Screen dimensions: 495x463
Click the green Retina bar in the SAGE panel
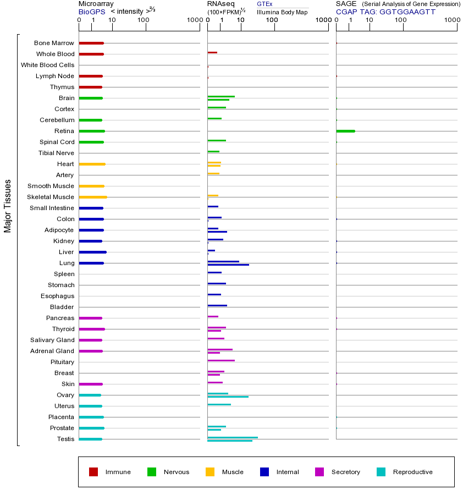coord(345,131)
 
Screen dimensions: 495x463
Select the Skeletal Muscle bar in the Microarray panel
coord(93,197)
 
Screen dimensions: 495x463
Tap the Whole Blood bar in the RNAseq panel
coord(212,52)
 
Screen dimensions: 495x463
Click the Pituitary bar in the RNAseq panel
coord(221,360)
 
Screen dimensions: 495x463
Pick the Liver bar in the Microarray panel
coord(92,252)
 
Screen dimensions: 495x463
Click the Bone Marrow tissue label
coord(54,43)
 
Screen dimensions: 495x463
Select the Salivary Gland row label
coord(52,340)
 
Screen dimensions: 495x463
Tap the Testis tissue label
coord(65,439)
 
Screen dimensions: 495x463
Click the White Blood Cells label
coord(47,65)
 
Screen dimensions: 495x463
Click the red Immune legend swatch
coord(93,472)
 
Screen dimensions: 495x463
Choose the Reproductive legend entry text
coord(412,472)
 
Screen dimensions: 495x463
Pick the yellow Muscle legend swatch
coord(210,472)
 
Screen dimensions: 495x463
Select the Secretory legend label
coord(345,472)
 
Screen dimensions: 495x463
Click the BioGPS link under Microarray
coord(92,11)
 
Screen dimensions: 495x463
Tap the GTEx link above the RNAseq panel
coord(264,4)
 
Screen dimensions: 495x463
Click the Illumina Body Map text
coord(282,12)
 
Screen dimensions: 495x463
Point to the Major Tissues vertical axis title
coord(8,206)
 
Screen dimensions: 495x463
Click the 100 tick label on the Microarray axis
coord(144,20)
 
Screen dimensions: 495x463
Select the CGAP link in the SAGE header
coord(346,11)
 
